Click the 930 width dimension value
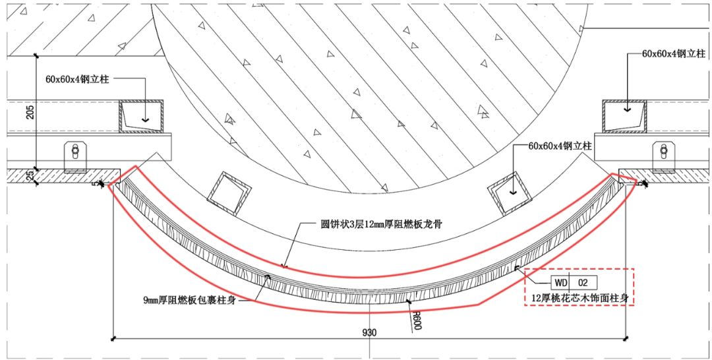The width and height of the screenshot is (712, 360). tap(369, 332)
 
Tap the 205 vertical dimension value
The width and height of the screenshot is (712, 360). tap(29, 113)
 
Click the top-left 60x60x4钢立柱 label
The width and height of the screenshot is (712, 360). tap(77, 79)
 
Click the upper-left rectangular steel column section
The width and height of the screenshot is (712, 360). tap(141, 116)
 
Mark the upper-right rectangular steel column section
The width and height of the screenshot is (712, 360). tap(624, 116)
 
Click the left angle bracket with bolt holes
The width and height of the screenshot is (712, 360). tap(76, 156)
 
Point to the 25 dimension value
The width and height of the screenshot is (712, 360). tap(29, 176)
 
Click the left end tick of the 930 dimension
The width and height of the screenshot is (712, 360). tap(114, 340)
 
